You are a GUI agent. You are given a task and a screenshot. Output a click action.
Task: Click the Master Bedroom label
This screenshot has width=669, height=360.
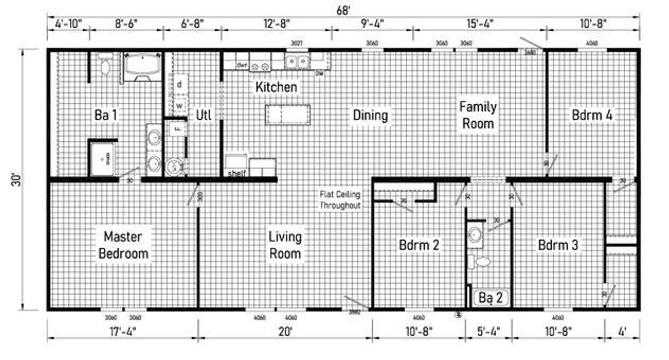pyautogui.click(x=123, y=245)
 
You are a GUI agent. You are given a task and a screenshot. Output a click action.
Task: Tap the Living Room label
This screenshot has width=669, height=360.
pyautogui.click(x=285, y=245)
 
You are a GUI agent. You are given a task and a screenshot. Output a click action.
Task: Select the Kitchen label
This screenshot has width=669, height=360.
pyautogui.click(x=276, y=87)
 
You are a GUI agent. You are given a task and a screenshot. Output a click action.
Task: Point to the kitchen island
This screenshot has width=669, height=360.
pyautogui.click(x=289, y=113)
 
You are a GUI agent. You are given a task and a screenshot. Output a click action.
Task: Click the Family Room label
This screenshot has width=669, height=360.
pyautogui.click(x=478, y=115)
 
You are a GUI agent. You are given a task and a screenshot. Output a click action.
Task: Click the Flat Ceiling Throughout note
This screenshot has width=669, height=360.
pyautogui.click(x=340, y=199)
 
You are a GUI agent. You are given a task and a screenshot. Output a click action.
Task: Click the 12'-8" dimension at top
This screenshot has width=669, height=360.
pyautogui.click(x=276, y=24)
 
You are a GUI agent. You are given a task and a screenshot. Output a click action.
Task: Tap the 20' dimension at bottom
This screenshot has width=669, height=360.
pyautogui.click(x=284, y=330)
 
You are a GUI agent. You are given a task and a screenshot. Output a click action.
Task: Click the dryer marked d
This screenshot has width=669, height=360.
pyautogui.click(x=179, y=84)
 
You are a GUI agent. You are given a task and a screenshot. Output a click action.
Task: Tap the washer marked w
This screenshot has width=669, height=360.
pyautogui.click(x=179, y=106)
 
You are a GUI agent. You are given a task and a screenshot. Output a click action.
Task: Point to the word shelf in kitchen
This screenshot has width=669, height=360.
pyautogui.click(x=236, y=173)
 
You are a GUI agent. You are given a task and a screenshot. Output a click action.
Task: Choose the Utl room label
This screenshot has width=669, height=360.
pyautogui.click(x=204, y=115)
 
